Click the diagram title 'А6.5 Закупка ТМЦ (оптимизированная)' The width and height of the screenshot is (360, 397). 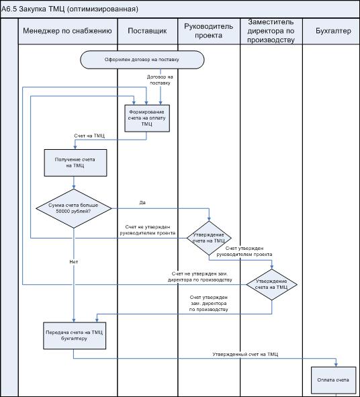pyautogui.click(x=70, y=9)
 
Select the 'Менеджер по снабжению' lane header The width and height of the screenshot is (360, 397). pyautogui.click(x=67, y=31)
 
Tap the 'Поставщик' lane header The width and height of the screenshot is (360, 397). pyautogui.click(x=147, y=31)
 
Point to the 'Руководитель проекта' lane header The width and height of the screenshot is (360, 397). pyautogui.click(x=208, y=31)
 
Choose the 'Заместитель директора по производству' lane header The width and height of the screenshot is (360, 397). pyautogui.click(x=271, y=31)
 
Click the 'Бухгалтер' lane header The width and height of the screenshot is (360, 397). pyautogui.click(x=333, y=31)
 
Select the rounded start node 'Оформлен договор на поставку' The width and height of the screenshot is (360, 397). pyautogui.click(x=142, y=60)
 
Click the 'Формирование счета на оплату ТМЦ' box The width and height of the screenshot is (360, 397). pyautogui.click(x=147, y=118)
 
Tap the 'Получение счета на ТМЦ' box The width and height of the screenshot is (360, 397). pyautogui.click(x=75, y=163)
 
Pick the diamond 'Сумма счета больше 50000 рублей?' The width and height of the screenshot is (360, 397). pyautogui.click(x=74, y=208)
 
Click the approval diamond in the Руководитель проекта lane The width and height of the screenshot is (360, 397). pyautogui.click(x=209, y=238)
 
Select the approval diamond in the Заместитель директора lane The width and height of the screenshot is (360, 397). pyautogui.click(x=271, y=284)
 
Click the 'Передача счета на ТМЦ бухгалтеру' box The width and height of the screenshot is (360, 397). pyautogui.click(x=75, y=335)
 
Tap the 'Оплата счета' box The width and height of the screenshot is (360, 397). pyautogui.click(x=333, y=380)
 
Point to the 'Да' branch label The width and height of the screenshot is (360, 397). pyautogui.click(x=142, y=203)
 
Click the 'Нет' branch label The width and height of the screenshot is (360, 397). pyautogui.click(x=74, y=261)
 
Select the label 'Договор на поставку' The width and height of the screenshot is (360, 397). pyautogui.click(x=160, y=80)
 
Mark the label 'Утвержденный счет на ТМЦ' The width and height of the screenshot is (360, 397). pyautogui.click(x=245, y=354)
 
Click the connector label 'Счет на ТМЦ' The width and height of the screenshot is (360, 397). pyautogui.click(x=89, y=136)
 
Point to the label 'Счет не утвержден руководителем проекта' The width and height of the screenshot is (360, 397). pyautogui.click(x=148, y=230)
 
